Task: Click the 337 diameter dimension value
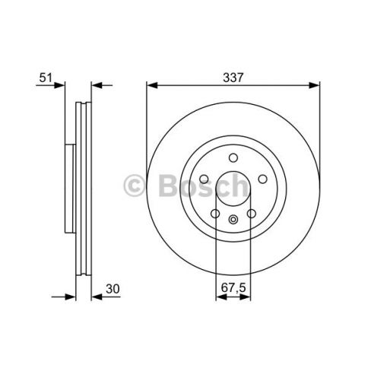(233, 76)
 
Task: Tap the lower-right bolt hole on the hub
(249, 212)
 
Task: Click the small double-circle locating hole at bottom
(233, 221)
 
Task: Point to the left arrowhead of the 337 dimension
(151, 84)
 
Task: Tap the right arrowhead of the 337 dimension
(314, 84)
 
